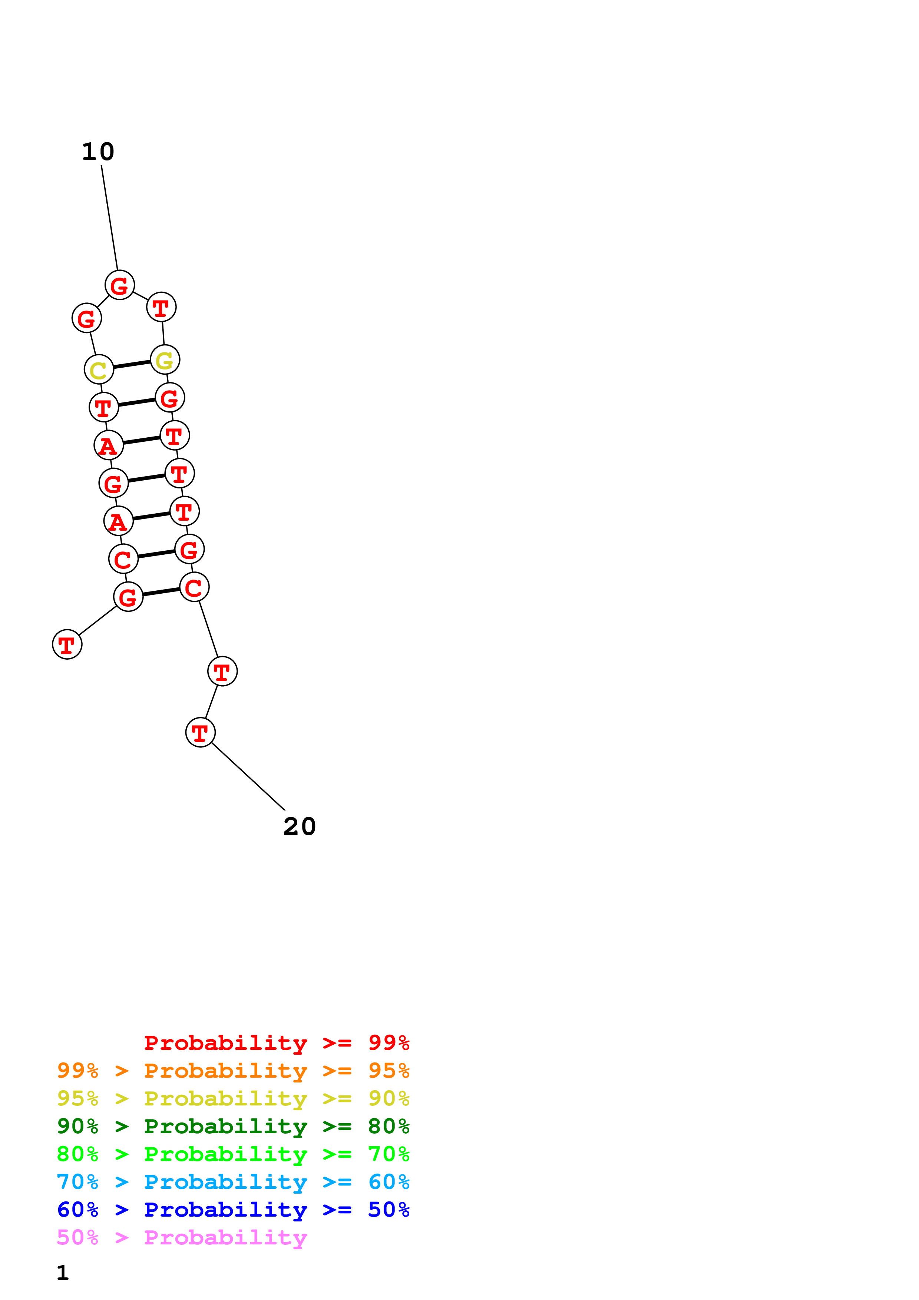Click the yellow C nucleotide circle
click(99, 370)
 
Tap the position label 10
click(98, 152)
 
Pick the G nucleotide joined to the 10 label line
click(119, 285)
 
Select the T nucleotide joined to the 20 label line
click(201, 733)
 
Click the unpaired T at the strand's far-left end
click(67, 644)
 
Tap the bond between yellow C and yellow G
click(132, 365)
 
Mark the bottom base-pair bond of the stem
click(161, 592)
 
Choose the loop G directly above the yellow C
click(87, 318)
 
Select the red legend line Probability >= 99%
click(276, 1043)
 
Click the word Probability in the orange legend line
click(225, 1071)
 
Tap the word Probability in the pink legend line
click(225, 1238)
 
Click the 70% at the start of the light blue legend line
click(77, 1182)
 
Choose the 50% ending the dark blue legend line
click(389, 1210)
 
